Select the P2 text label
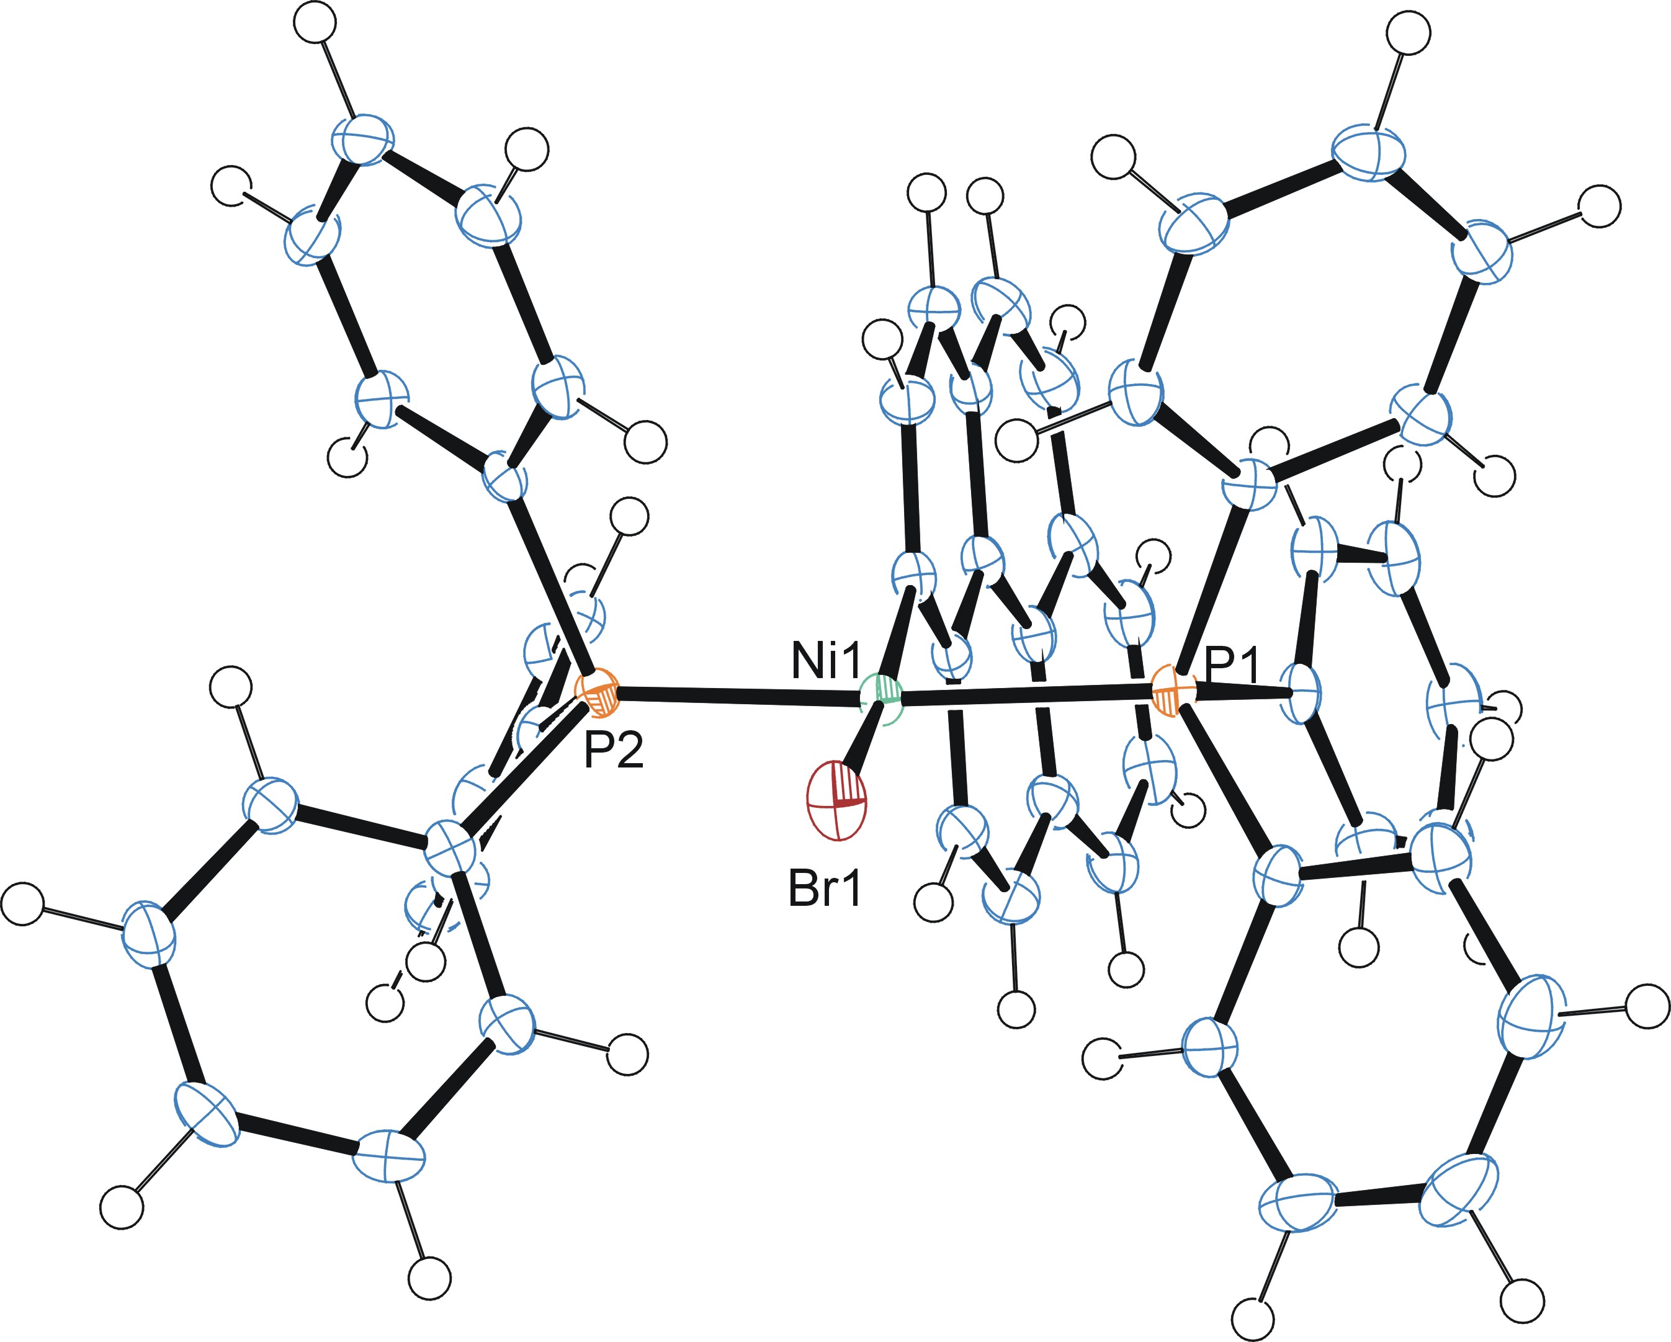coord(613,749)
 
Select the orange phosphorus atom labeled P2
coord(597,691)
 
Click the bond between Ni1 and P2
coord(737,694)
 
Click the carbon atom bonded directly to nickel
coord(914,577)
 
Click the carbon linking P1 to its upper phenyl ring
coord(1248,485)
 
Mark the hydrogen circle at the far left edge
coord(22,903)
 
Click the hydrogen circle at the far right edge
coord(1647,1006)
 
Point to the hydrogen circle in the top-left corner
coord(315,22)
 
